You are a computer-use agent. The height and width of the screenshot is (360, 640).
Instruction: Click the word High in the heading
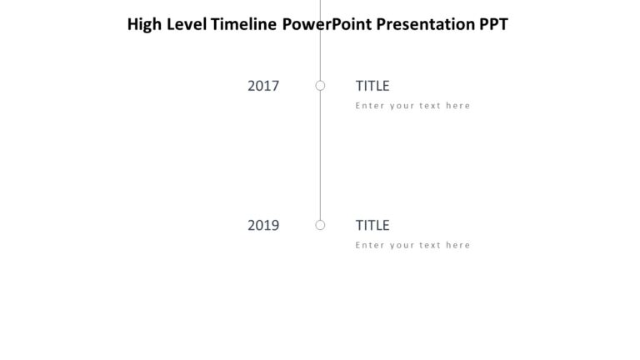144,24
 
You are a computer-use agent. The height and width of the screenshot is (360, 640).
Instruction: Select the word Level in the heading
187,24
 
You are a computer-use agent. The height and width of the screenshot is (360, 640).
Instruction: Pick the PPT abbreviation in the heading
492,24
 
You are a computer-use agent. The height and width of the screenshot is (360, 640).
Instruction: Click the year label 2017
263,85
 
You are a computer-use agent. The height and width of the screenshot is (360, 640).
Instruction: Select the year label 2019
263,225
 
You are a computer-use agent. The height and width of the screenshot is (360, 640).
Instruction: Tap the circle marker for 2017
320,85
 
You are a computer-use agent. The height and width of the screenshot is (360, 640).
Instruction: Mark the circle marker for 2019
320,225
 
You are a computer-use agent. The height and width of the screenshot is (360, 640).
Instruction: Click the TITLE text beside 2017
372,85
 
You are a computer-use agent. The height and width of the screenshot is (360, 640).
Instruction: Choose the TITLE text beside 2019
372,225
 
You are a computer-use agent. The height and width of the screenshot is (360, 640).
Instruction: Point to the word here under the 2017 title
458,106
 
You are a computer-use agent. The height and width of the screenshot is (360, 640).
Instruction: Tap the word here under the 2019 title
458,246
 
